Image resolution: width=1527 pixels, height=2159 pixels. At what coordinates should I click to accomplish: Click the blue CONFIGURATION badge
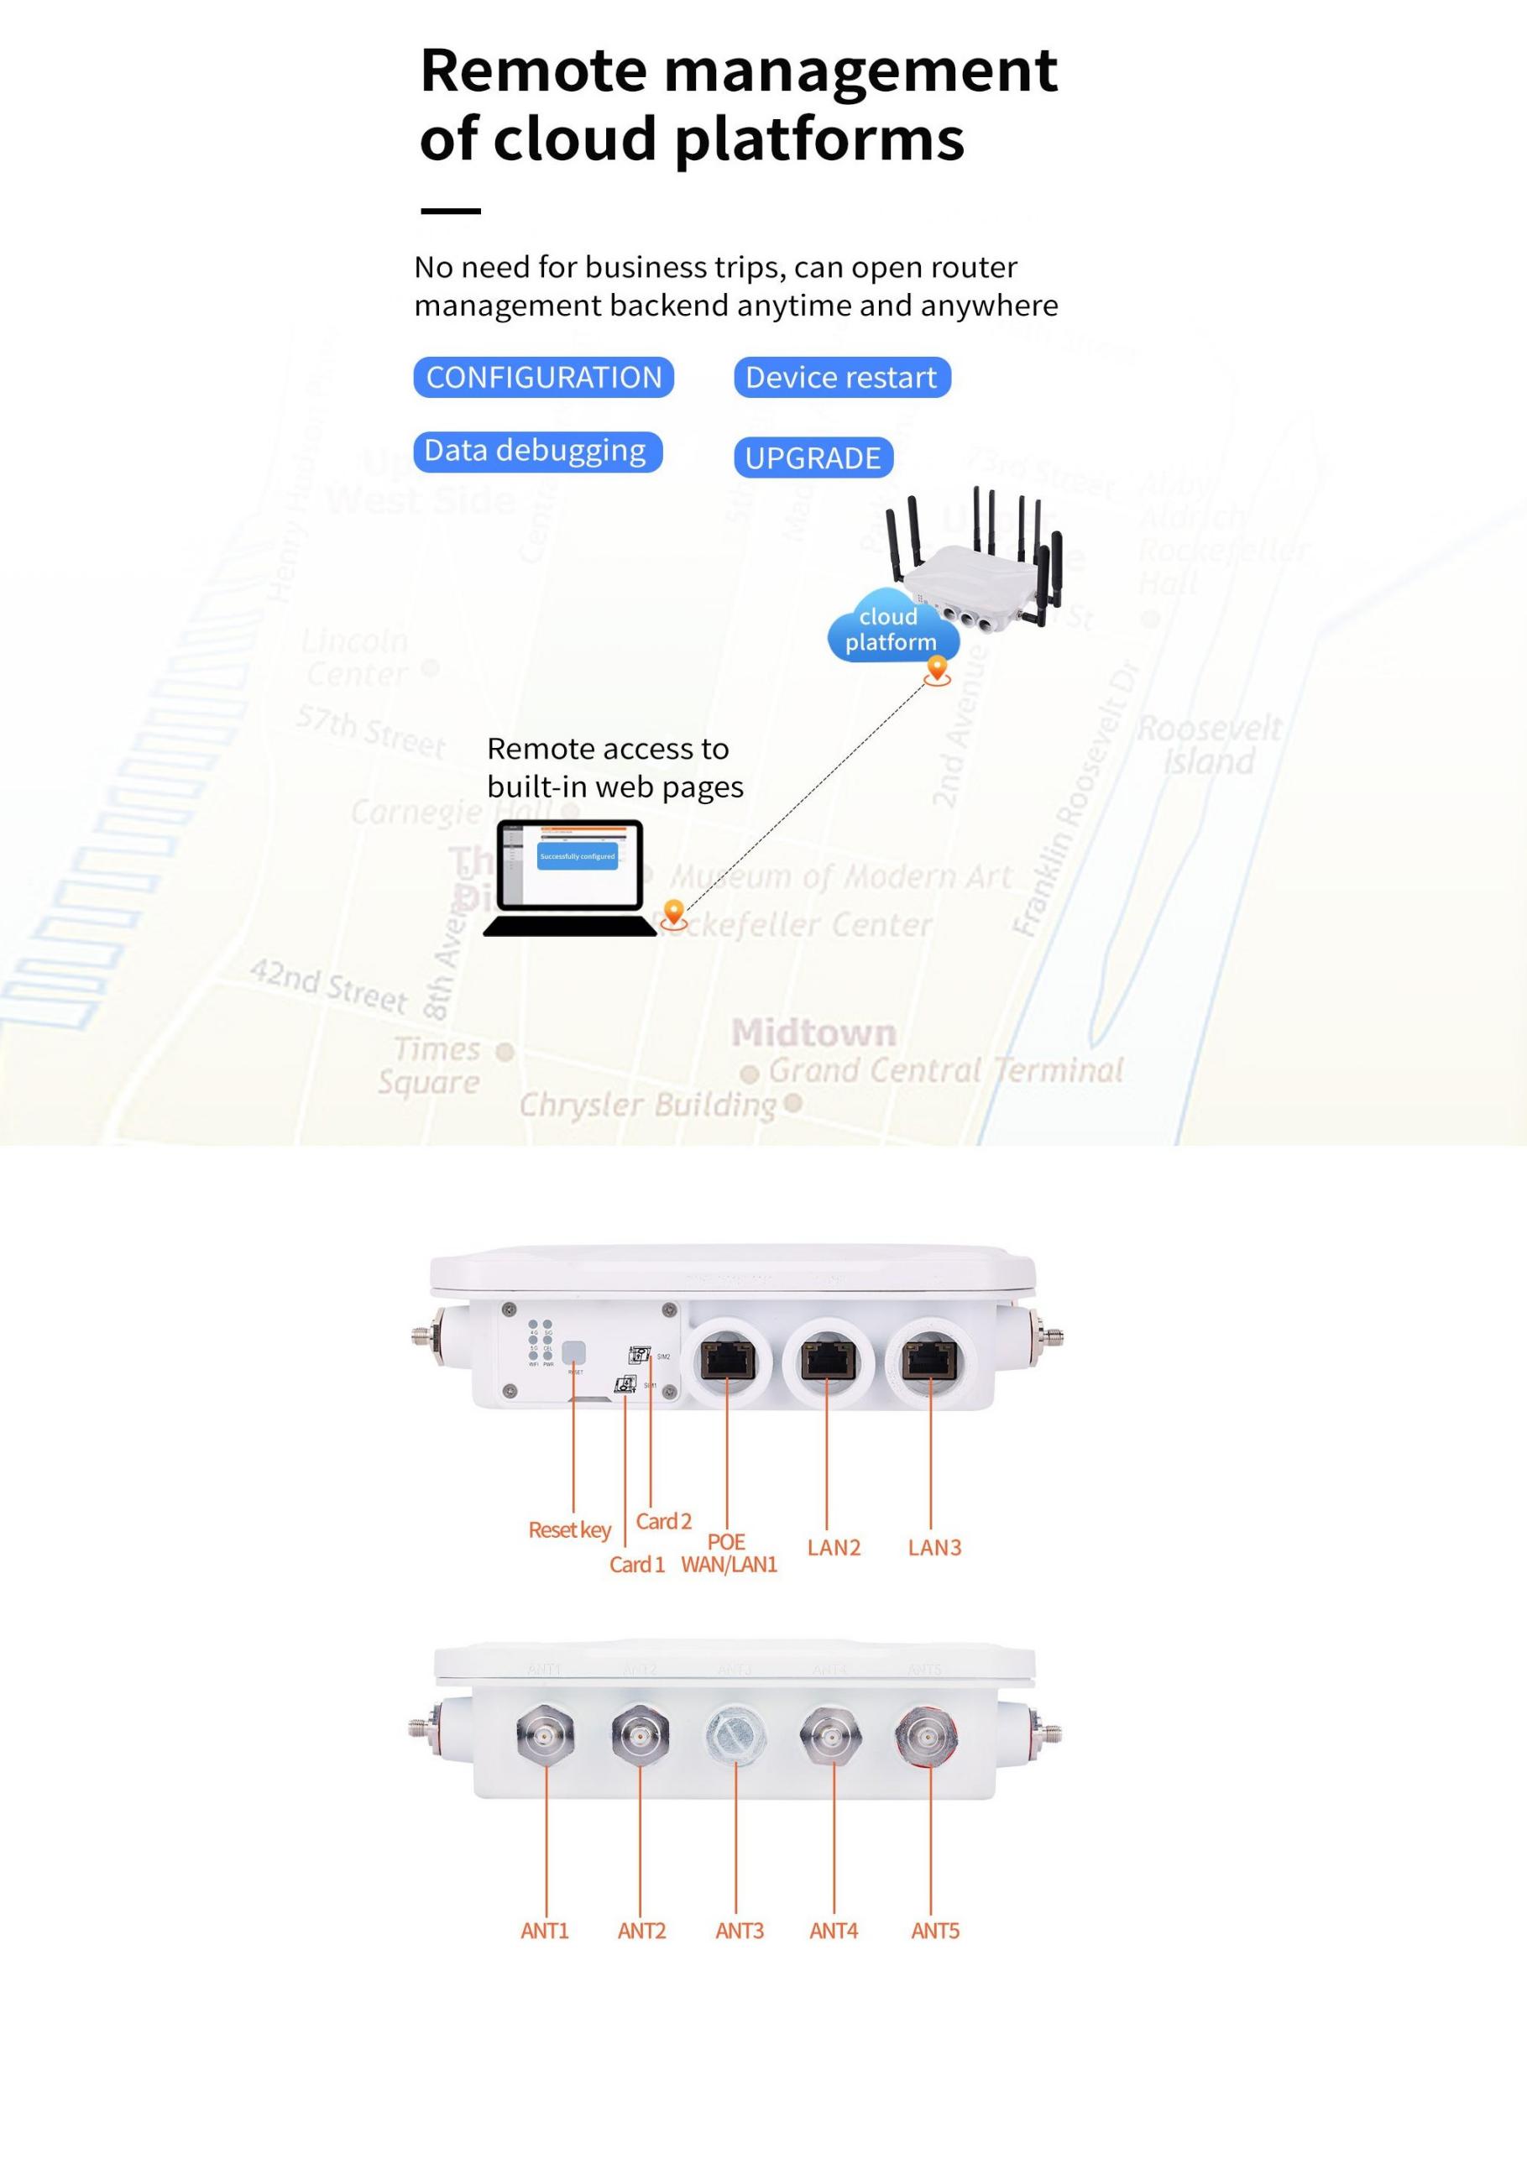(543, 377)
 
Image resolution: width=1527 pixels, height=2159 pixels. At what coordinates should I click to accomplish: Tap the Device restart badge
(841, 377)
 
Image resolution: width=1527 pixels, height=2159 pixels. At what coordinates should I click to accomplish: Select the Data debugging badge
(537, 452)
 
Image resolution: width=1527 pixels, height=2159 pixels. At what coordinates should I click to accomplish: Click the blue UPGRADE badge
(813, 458)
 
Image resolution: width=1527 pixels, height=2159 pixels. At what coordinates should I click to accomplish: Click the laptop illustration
(570, 877)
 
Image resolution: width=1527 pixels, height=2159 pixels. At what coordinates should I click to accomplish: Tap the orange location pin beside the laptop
(673, 912)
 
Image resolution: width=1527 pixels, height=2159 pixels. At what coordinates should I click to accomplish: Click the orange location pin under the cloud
(937, 670)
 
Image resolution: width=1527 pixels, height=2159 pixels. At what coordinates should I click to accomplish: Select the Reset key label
(570, 1530)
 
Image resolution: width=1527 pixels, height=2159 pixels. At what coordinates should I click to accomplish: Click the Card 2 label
(663, 1520)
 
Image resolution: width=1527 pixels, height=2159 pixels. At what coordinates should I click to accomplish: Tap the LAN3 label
(933, 1547)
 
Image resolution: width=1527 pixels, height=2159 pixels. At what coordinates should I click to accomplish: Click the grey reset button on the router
(573, 1353)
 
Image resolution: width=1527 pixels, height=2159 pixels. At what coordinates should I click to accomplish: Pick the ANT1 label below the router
(546, 1931)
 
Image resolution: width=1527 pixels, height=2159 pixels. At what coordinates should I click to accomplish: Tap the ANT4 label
(833, 1931)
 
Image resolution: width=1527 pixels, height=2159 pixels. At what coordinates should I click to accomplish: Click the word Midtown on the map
(814, 1032)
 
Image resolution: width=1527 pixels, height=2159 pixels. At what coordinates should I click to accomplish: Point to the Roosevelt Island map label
(1209, 745)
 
